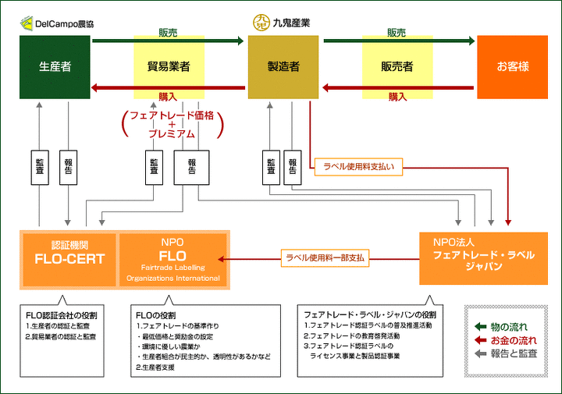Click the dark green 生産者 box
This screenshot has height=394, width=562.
coord(55,67)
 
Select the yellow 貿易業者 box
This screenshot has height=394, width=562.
coord(169,67)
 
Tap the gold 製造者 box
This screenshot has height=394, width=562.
coord(283,67)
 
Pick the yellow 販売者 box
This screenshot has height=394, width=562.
coord(397,67)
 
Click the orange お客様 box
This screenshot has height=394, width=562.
coord(512,67)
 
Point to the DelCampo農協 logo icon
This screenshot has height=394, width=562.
coord(27,23)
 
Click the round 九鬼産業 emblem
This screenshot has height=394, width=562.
coord(261,23)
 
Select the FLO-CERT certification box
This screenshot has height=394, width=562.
coord(69,260)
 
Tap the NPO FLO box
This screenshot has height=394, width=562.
coord(173,260)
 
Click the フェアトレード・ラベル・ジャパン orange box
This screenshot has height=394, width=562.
coord(483,258)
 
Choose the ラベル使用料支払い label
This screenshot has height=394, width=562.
coord(358,167)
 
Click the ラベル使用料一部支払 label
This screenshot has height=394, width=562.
coord(325,258)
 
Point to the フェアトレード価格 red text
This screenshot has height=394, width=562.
coord(172,115)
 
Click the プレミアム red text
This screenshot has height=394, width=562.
coord(172,134)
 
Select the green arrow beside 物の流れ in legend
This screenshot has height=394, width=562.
coord(480,326)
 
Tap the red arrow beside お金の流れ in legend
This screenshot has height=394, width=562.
coord(480,340)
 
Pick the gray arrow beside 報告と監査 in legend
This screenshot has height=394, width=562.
coord(480,353)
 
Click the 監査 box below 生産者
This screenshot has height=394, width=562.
coord(40,167)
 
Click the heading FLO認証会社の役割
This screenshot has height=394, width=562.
coord(62,315)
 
